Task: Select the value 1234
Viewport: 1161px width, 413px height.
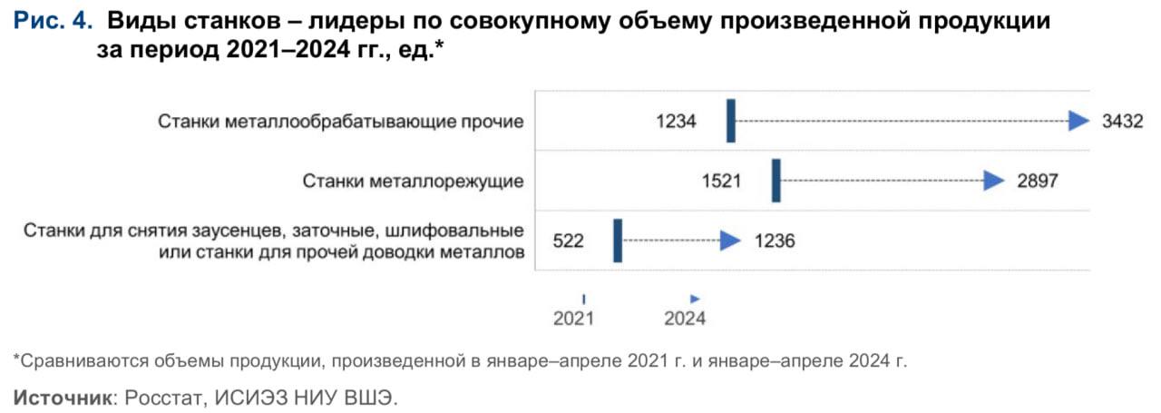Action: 676,121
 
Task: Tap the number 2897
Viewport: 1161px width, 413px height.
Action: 1037,181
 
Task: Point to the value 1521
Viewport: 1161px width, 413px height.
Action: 721,181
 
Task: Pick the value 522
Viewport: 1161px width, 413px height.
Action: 568,241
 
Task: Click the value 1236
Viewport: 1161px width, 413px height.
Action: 774,241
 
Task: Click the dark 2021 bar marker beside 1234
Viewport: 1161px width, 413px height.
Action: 731,122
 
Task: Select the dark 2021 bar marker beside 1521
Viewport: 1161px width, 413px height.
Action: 776,181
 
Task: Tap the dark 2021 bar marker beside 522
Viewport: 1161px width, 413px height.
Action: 618,241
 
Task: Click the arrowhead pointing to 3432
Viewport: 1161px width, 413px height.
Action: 1078,121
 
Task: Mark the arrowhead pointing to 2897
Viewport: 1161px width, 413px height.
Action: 994,181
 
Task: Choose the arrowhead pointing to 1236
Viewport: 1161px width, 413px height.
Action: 730,241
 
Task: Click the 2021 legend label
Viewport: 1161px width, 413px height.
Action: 573,318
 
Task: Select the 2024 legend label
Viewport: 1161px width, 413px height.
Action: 685,318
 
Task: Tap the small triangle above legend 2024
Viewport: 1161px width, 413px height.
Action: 695,298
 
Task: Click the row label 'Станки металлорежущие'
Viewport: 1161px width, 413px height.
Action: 413,181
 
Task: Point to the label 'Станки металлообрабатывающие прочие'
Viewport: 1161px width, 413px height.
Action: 341,121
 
